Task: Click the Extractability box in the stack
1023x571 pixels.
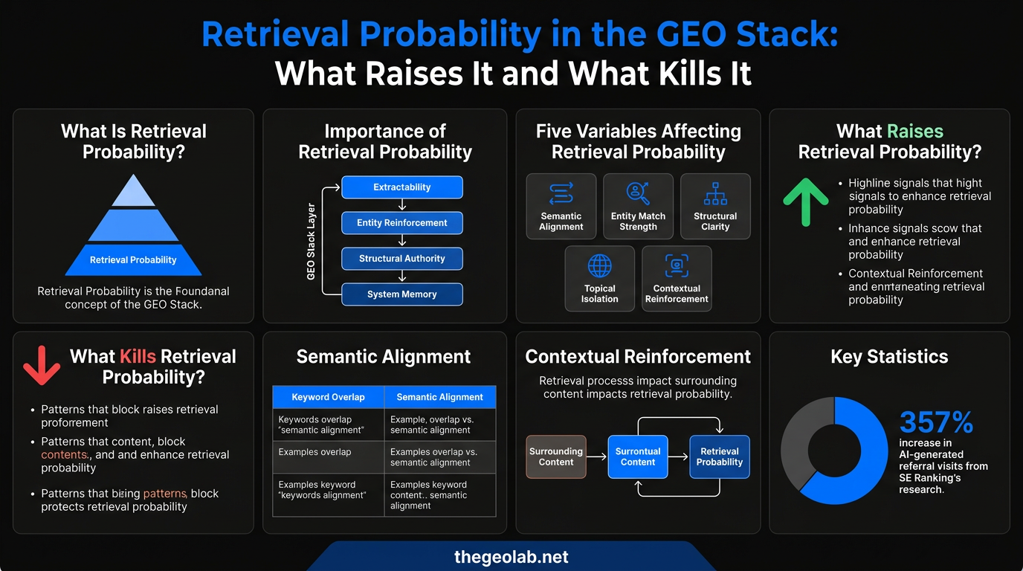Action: [x=401, y=187]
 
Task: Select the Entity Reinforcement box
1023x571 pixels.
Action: [x=401, y=223]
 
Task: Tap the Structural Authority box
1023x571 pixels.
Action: [x=401, y=259]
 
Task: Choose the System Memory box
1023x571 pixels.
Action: [x=401, y=294]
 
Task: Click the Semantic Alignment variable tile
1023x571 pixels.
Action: [x=561, y=206]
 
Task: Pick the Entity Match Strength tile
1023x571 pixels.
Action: [x=638, y=206]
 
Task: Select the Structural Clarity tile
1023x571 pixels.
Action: [x=715, y=206]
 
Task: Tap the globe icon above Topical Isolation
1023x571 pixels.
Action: [x=599, y=265]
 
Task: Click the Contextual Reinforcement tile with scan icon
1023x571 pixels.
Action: [x=677, y=278]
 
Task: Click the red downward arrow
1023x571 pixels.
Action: [x=42, y=364]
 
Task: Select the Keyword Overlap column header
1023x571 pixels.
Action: [x=328, y=397]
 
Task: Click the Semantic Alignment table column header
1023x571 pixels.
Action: [x=439, y=397]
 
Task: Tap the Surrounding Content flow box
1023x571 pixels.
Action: [x=555, y=457]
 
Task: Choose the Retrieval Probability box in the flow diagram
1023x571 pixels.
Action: [x=719, y=457]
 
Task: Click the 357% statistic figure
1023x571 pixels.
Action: [x=936, y=423]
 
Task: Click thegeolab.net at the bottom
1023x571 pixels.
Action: [x=511, y=557]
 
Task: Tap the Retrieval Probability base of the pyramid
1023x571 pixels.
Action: [x=133, y=260]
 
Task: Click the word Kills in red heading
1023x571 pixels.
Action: [x=138, y=356]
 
